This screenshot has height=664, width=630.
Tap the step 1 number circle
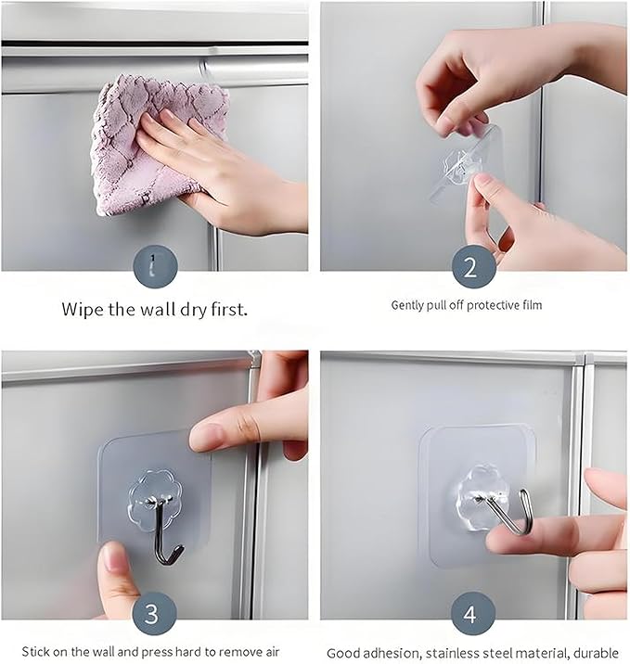(x=155, y=267)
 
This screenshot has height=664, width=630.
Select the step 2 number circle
(x=474, y=267)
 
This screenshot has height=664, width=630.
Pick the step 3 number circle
(x=154, y=613)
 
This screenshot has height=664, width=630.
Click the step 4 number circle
(x=473, y=613)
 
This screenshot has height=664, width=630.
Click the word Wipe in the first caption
(x=83, y=309)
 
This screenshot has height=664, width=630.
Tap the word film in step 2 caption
(x=532, y=304)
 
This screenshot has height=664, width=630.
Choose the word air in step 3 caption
(x=272, y=651)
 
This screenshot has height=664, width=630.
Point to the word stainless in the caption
(x=454, y=653)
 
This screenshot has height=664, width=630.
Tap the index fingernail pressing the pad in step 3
(x=206, y=437)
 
